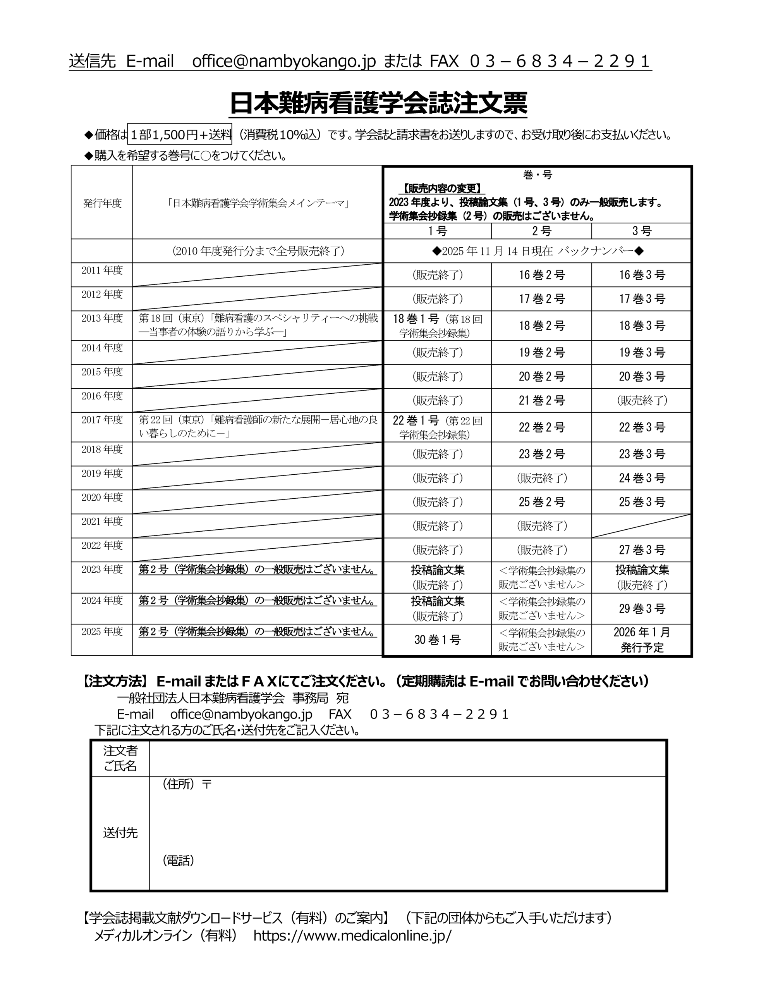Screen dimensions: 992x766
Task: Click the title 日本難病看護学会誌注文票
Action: point(378,103)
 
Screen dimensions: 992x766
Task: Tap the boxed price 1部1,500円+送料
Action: point(180,134)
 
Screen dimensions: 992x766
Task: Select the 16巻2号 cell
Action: point(541,275)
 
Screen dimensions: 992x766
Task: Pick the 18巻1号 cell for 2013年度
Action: point(437,325)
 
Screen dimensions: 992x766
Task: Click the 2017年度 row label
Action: point(102,420)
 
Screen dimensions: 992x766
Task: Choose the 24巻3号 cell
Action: point(642,478)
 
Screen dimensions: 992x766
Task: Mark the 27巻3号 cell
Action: point(642,550)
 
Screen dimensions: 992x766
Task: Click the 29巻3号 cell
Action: point(642,609)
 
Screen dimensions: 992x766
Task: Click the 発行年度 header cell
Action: point(102,203)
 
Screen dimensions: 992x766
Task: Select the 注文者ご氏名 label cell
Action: point(120,758)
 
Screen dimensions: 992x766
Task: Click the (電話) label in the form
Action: point(179,860)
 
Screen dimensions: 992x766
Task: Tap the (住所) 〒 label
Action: point(187,784)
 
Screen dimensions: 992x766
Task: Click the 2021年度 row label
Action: point(102,522)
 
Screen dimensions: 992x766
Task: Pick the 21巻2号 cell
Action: point(541,400)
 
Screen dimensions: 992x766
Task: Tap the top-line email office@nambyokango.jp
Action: point(284,61)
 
